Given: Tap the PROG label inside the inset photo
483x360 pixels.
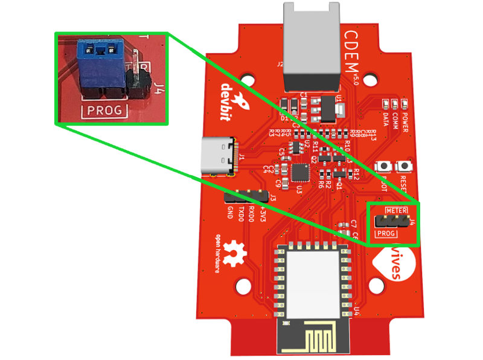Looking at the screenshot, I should (x=104, y=111).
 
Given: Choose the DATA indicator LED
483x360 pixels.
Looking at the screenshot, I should (x=385, y=103).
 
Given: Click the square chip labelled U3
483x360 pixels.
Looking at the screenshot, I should (x=300, y=172).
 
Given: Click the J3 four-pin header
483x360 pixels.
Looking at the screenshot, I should (x=246, y=196).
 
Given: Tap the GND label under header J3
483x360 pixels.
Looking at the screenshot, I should (x=231, y=213).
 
